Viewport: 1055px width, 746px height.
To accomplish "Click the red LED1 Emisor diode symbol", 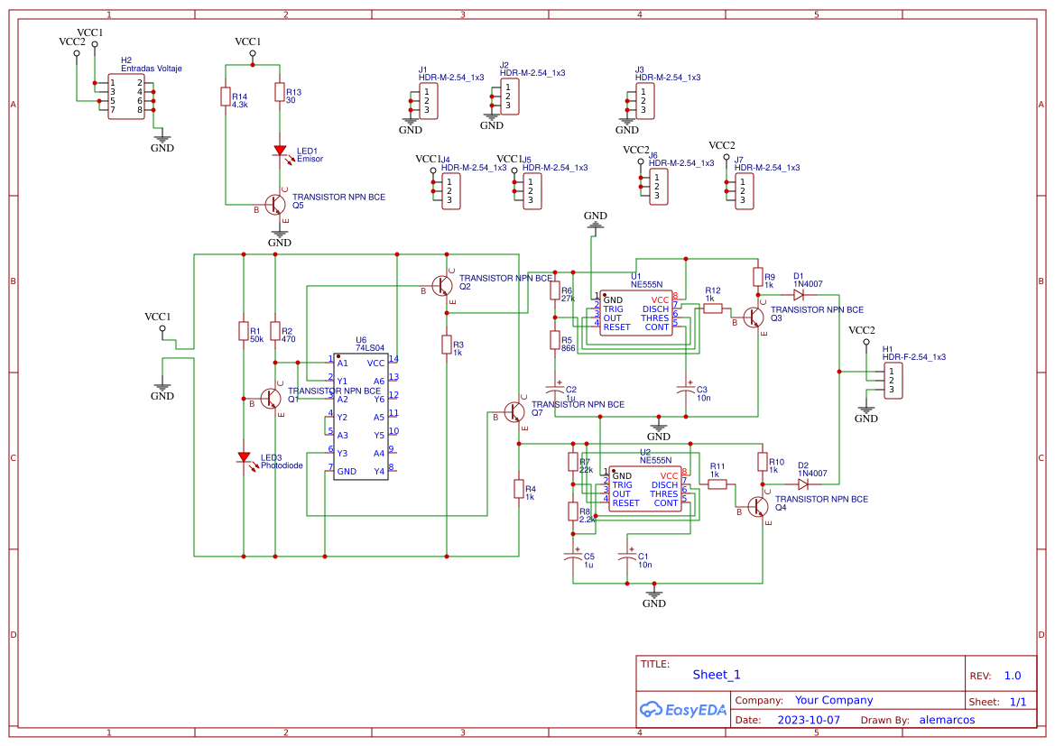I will click(x=280, y=151).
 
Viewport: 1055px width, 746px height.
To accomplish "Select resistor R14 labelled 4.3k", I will click(x=225, y=97).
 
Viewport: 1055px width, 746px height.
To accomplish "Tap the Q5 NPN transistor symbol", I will click(x=275, y=204).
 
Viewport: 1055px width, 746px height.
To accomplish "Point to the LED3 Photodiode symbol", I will click(x=243, y=457).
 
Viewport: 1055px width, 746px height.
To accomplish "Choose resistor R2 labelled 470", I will click(x=274, y=332).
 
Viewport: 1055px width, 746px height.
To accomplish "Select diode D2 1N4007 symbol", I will click(x=802, y=484).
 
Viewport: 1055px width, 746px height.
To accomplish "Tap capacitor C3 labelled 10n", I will click(x=687, y=391).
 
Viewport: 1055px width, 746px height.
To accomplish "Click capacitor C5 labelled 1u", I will click(x=571, y=557).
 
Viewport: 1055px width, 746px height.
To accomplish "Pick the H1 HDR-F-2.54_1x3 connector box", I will click(x=895, y=380).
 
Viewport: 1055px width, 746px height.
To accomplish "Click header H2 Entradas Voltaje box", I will click(x=126, y=96).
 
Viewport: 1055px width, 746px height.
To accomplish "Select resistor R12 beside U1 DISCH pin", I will click(x=712, y=309).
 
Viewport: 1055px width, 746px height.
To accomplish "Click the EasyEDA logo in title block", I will click(x=682, y=709).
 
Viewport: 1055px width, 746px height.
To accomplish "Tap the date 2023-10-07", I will click(x=808, y=720).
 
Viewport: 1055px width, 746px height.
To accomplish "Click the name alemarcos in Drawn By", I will click(x=947, y=720).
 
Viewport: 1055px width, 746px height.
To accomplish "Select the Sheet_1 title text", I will click(x=716, y=675).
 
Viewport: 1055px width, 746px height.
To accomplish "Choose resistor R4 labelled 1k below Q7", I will click(x=518, y=489).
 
